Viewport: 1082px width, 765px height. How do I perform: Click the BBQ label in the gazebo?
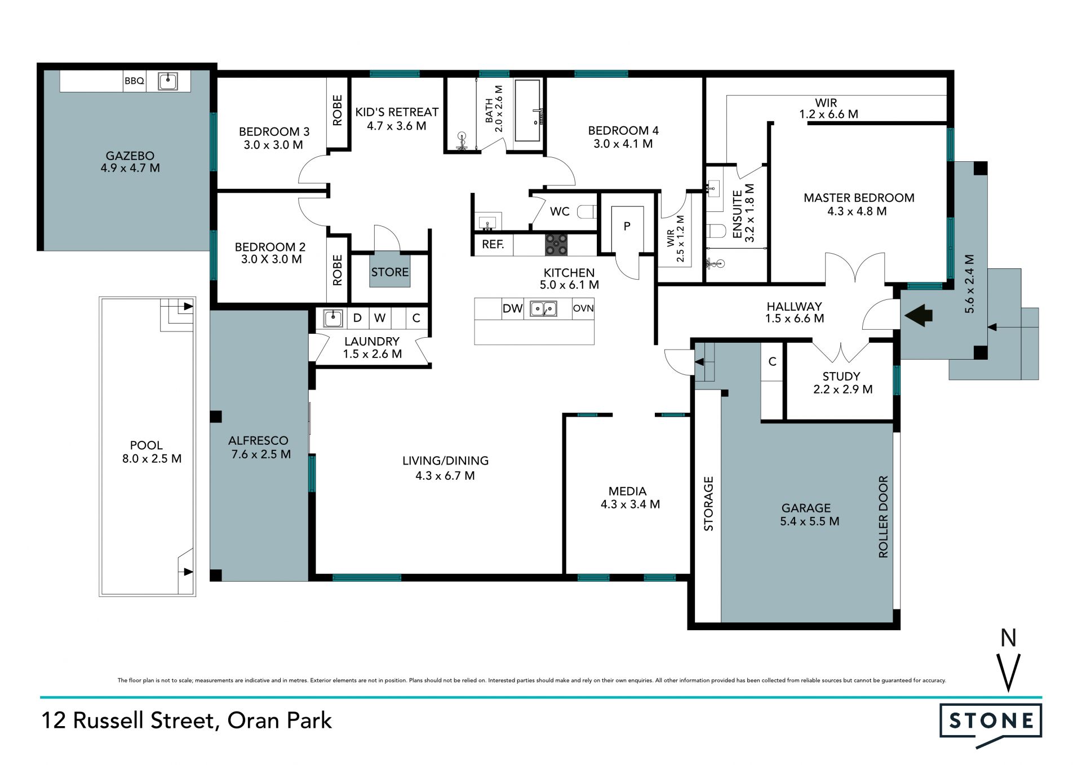134,81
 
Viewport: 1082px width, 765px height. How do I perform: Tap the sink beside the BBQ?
168,81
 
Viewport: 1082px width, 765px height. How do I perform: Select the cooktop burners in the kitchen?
556,245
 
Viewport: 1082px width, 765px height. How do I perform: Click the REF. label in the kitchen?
493,245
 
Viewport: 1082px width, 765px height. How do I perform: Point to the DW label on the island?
513,308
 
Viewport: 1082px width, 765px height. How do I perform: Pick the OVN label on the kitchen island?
583,308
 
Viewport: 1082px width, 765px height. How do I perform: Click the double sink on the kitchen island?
543,308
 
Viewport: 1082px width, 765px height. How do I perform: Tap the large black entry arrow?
919,315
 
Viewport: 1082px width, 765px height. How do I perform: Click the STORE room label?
390,272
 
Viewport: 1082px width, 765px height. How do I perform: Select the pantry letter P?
627,227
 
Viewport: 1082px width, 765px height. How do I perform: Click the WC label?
560,211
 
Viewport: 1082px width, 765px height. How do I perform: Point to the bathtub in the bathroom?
528,110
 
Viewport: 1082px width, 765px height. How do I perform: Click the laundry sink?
332,318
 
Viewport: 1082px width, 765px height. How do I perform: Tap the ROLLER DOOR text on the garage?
883,517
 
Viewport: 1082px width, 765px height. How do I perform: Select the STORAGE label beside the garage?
708,503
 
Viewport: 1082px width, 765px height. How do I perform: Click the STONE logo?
991,720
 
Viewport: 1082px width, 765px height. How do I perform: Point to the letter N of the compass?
1008,638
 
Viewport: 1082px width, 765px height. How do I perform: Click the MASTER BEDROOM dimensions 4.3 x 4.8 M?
857,211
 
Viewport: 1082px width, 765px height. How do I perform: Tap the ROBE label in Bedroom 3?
338,110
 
